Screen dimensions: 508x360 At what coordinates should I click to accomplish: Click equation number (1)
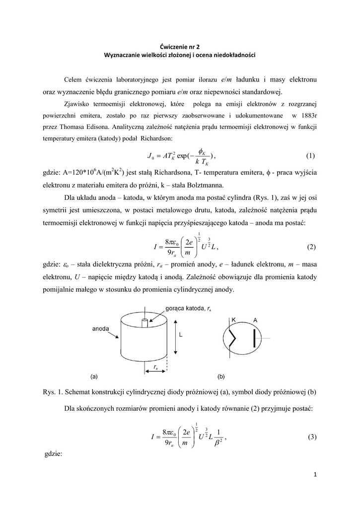(310, 156)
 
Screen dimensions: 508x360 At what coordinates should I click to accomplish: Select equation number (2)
(311, 247)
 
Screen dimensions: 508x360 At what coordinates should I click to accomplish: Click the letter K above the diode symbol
(233, 320)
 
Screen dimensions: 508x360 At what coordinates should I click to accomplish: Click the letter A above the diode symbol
(255, 320)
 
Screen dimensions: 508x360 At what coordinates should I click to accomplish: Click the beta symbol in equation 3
(216, 443)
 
